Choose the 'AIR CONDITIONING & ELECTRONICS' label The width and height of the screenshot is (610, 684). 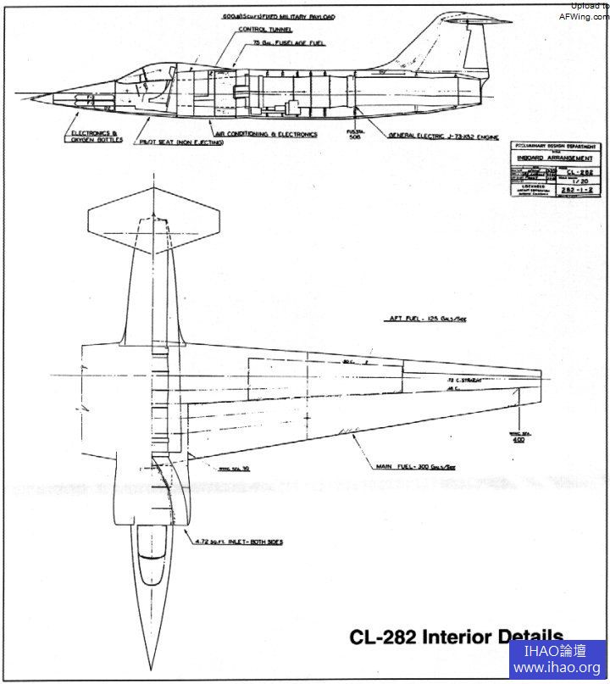pos(266,134)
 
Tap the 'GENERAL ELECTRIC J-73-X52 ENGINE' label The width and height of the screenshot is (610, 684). pos(443,136)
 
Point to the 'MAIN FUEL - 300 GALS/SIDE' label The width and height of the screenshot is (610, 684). pos(415,467)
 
